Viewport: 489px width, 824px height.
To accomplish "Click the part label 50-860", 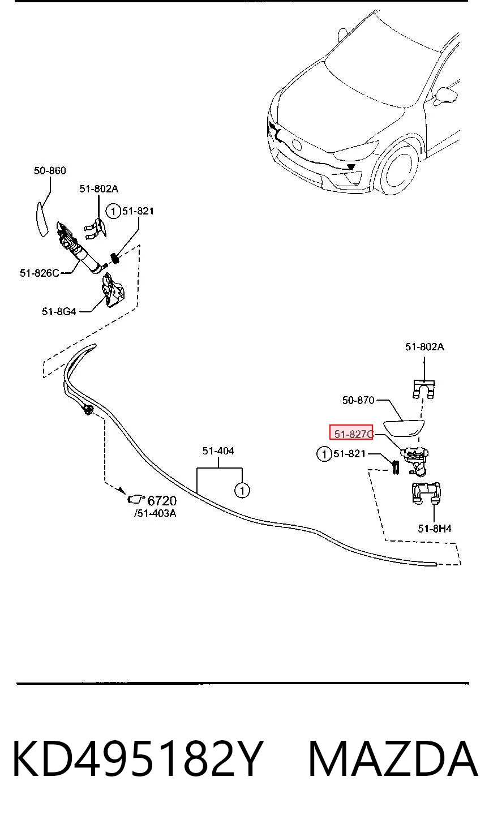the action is (50, 171).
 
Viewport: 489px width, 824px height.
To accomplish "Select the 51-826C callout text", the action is (40, 273).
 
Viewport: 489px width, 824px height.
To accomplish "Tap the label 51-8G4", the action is (59, 312).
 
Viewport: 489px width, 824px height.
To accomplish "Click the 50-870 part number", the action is (358, 400).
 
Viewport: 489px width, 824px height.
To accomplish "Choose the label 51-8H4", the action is (435, 529).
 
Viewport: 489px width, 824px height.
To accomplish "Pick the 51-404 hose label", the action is (218, 451).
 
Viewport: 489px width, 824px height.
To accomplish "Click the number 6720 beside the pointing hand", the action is (162, 501).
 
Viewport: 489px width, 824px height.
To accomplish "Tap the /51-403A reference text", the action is (155, 513).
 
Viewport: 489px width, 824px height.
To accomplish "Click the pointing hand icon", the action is (135, 499).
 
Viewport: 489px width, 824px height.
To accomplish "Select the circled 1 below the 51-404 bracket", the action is (242, 490).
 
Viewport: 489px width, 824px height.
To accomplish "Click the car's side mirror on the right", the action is (446, 96).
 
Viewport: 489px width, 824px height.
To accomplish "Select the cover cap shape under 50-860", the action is (42, 219).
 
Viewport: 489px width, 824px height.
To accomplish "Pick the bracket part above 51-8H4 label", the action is (426, 493).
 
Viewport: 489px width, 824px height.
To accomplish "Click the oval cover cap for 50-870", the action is (404, 428).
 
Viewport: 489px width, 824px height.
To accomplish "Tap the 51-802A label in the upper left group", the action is (98, 189).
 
